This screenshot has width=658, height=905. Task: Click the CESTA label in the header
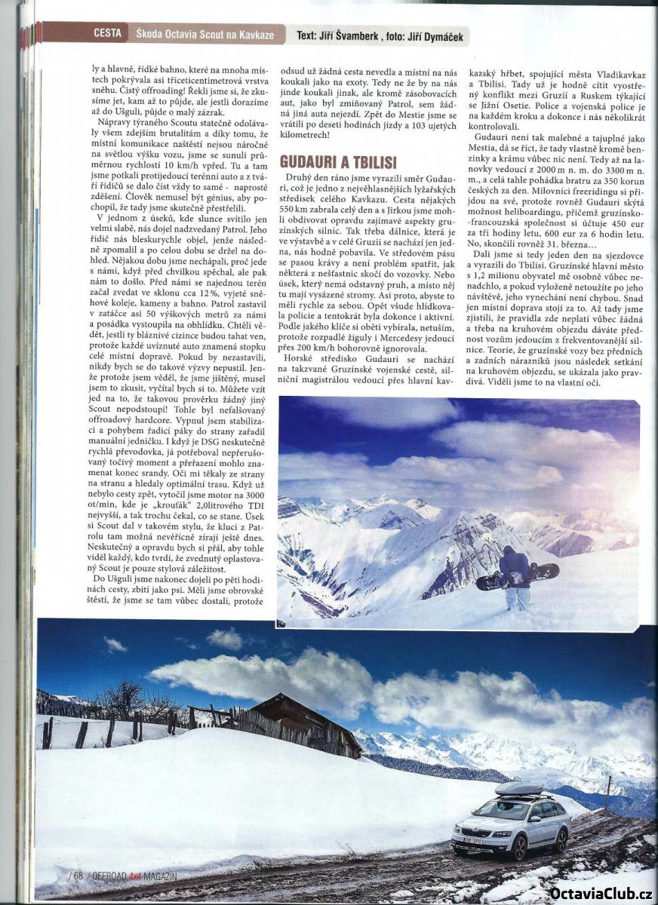pyautogui.click(x=108, y=33)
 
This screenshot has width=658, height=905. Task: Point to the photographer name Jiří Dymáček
pyautogui.click(x=434, y=35)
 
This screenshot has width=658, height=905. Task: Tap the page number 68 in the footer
pyautogui.click(x=77, y=876)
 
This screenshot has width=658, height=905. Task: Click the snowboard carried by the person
pyautogui.click(x=518, y=577)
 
